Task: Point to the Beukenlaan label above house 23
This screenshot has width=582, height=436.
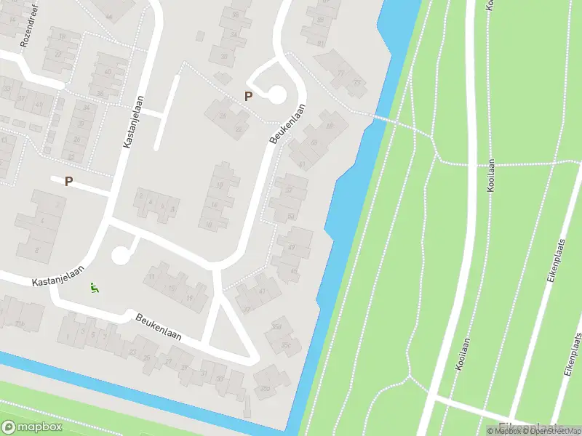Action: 158,328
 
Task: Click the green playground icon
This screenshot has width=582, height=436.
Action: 94,288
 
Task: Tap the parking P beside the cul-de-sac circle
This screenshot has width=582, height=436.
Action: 249,96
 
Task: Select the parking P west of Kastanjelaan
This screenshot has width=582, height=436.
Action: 69,181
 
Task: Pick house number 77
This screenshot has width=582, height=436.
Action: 340,73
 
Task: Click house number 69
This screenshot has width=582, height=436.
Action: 314,142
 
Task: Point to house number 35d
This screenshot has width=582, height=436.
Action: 276,327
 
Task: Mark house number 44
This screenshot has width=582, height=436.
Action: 109,16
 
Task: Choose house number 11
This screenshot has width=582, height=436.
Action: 151,277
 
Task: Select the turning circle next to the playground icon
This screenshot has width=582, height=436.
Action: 120,255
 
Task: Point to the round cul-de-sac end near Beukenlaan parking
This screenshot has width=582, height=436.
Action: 276,94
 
